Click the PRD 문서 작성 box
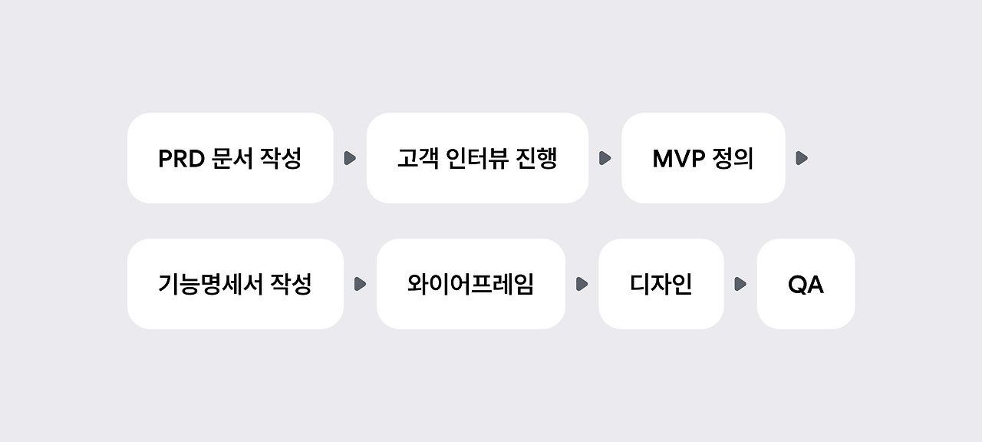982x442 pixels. (230, 158)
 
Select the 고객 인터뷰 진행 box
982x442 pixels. (477, 158)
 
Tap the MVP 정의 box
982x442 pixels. (703, 158)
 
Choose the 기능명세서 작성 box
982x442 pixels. (235, 284)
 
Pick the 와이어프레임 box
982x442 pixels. (470, 284)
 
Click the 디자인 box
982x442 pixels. (661, 284)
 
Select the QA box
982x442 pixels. (806, 284)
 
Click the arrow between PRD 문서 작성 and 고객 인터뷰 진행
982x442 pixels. (350, 158)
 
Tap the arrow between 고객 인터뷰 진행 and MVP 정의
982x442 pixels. (605, 158)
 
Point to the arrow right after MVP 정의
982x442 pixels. (802, 158)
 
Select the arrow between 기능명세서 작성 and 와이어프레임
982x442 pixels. (360, 284)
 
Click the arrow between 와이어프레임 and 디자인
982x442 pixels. (582, 284)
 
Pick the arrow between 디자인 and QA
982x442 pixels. (740, 284)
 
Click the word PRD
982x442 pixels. (180, 159)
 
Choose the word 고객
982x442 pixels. (417, 159)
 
